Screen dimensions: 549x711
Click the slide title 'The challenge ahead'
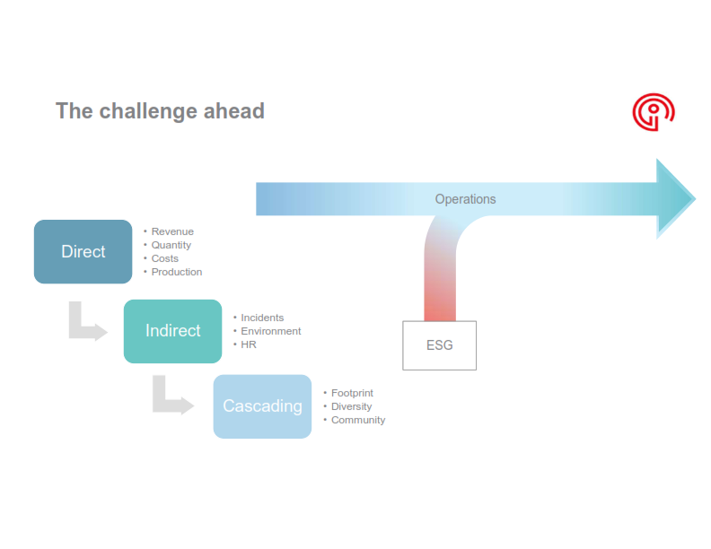[160, 110]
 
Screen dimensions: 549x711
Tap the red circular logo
[653, 111]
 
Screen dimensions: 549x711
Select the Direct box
[83, 252]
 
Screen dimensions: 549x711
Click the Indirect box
[172, 331]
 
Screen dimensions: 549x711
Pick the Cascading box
[262, 406]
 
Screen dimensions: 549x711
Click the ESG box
[439, 345]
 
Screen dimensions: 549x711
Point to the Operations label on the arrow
[465, 199]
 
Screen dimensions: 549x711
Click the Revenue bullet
[171, 231]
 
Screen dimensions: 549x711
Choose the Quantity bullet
[171, 245]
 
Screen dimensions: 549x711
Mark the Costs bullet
[164, 258]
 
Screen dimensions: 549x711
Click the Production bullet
[176, 272]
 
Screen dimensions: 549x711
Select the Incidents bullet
[262, 318]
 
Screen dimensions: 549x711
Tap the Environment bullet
[270, 331]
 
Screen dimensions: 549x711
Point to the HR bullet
[249, 344]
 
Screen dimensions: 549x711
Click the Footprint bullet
[352, 393]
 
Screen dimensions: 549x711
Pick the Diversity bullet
[351, 406]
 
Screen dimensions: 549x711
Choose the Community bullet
[358, 420]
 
